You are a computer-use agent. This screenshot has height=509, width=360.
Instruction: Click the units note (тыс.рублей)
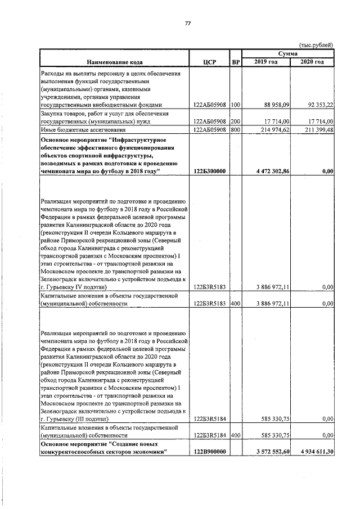tap(316, 45)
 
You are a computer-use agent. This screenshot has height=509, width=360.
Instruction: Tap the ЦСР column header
tap(209, 61)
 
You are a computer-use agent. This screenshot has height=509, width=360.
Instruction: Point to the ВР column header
tap(236, 61)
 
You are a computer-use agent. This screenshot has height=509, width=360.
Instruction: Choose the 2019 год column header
tap(266, 61)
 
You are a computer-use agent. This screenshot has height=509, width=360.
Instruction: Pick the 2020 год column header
tap(312, 61)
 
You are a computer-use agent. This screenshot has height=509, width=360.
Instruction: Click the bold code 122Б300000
tap(209, 171)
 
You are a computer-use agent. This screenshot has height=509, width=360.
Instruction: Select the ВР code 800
tap(235, 129)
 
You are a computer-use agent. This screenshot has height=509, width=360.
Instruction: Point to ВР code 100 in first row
tap(235, 105)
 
